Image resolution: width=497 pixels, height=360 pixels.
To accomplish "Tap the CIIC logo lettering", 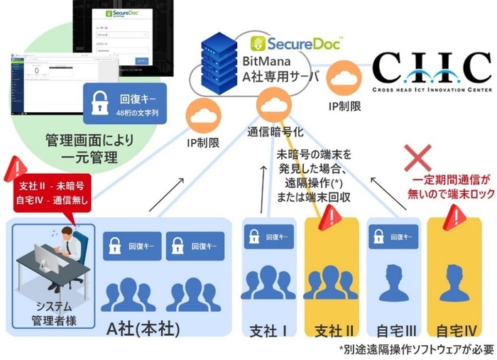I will (x=431, y=67).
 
